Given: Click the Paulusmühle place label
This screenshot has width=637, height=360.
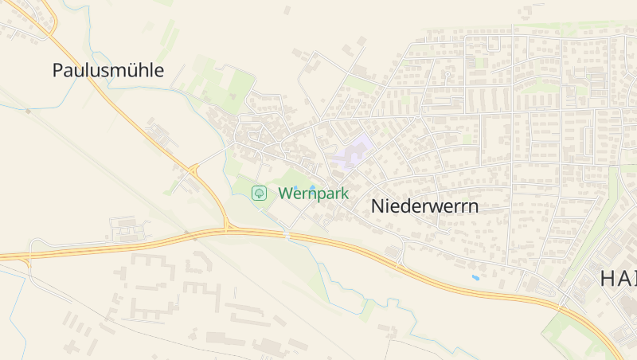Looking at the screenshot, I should pyautogui.click(x=108, y=70).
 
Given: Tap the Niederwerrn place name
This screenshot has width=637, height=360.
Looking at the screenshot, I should pyautogui.click(x=424, y=206).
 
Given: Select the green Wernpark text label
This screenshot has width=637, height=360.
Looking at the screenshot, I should pyautogui.click(x=313, y=194).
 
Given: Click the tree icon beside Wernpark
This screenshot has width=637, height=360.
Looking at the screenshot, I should pyautogui.click(x=259, y=193).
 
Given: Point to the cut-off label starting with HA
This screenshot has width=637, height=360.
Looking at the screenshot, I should pyautogui.click(x=618, y=278).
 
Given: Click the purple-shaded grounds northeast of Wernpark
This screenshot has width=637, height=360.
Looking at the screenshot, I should pyautogui.click(x=353, y=151).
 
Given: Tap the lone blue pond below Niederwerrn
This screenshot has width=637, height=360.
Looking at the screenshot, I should pyautogui.click(x=475, y=278).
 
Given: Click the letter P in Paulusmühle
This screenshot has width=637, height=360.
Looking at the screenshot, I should pyautogui.click(x=57, y=70).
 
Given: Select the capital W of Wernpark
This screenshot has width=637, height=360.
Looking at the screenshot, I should pyautogui.click(x=286, y=194).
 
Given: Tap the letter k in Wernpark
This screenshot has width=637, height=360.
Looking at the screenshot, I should pyautogui.click(x=344, y=194).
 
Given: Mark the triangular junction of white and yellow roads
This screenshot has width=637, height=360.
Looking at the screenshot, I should pyautogui.click(x=193, y=169).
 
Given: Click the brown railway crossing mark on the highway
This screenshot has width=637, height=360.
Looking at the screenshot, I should pyautogui.click(x=192, y=237).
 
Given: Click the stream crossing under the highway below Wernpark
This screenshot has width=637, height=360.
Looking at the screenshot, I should pyautogui.click(x=287, y=234).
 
